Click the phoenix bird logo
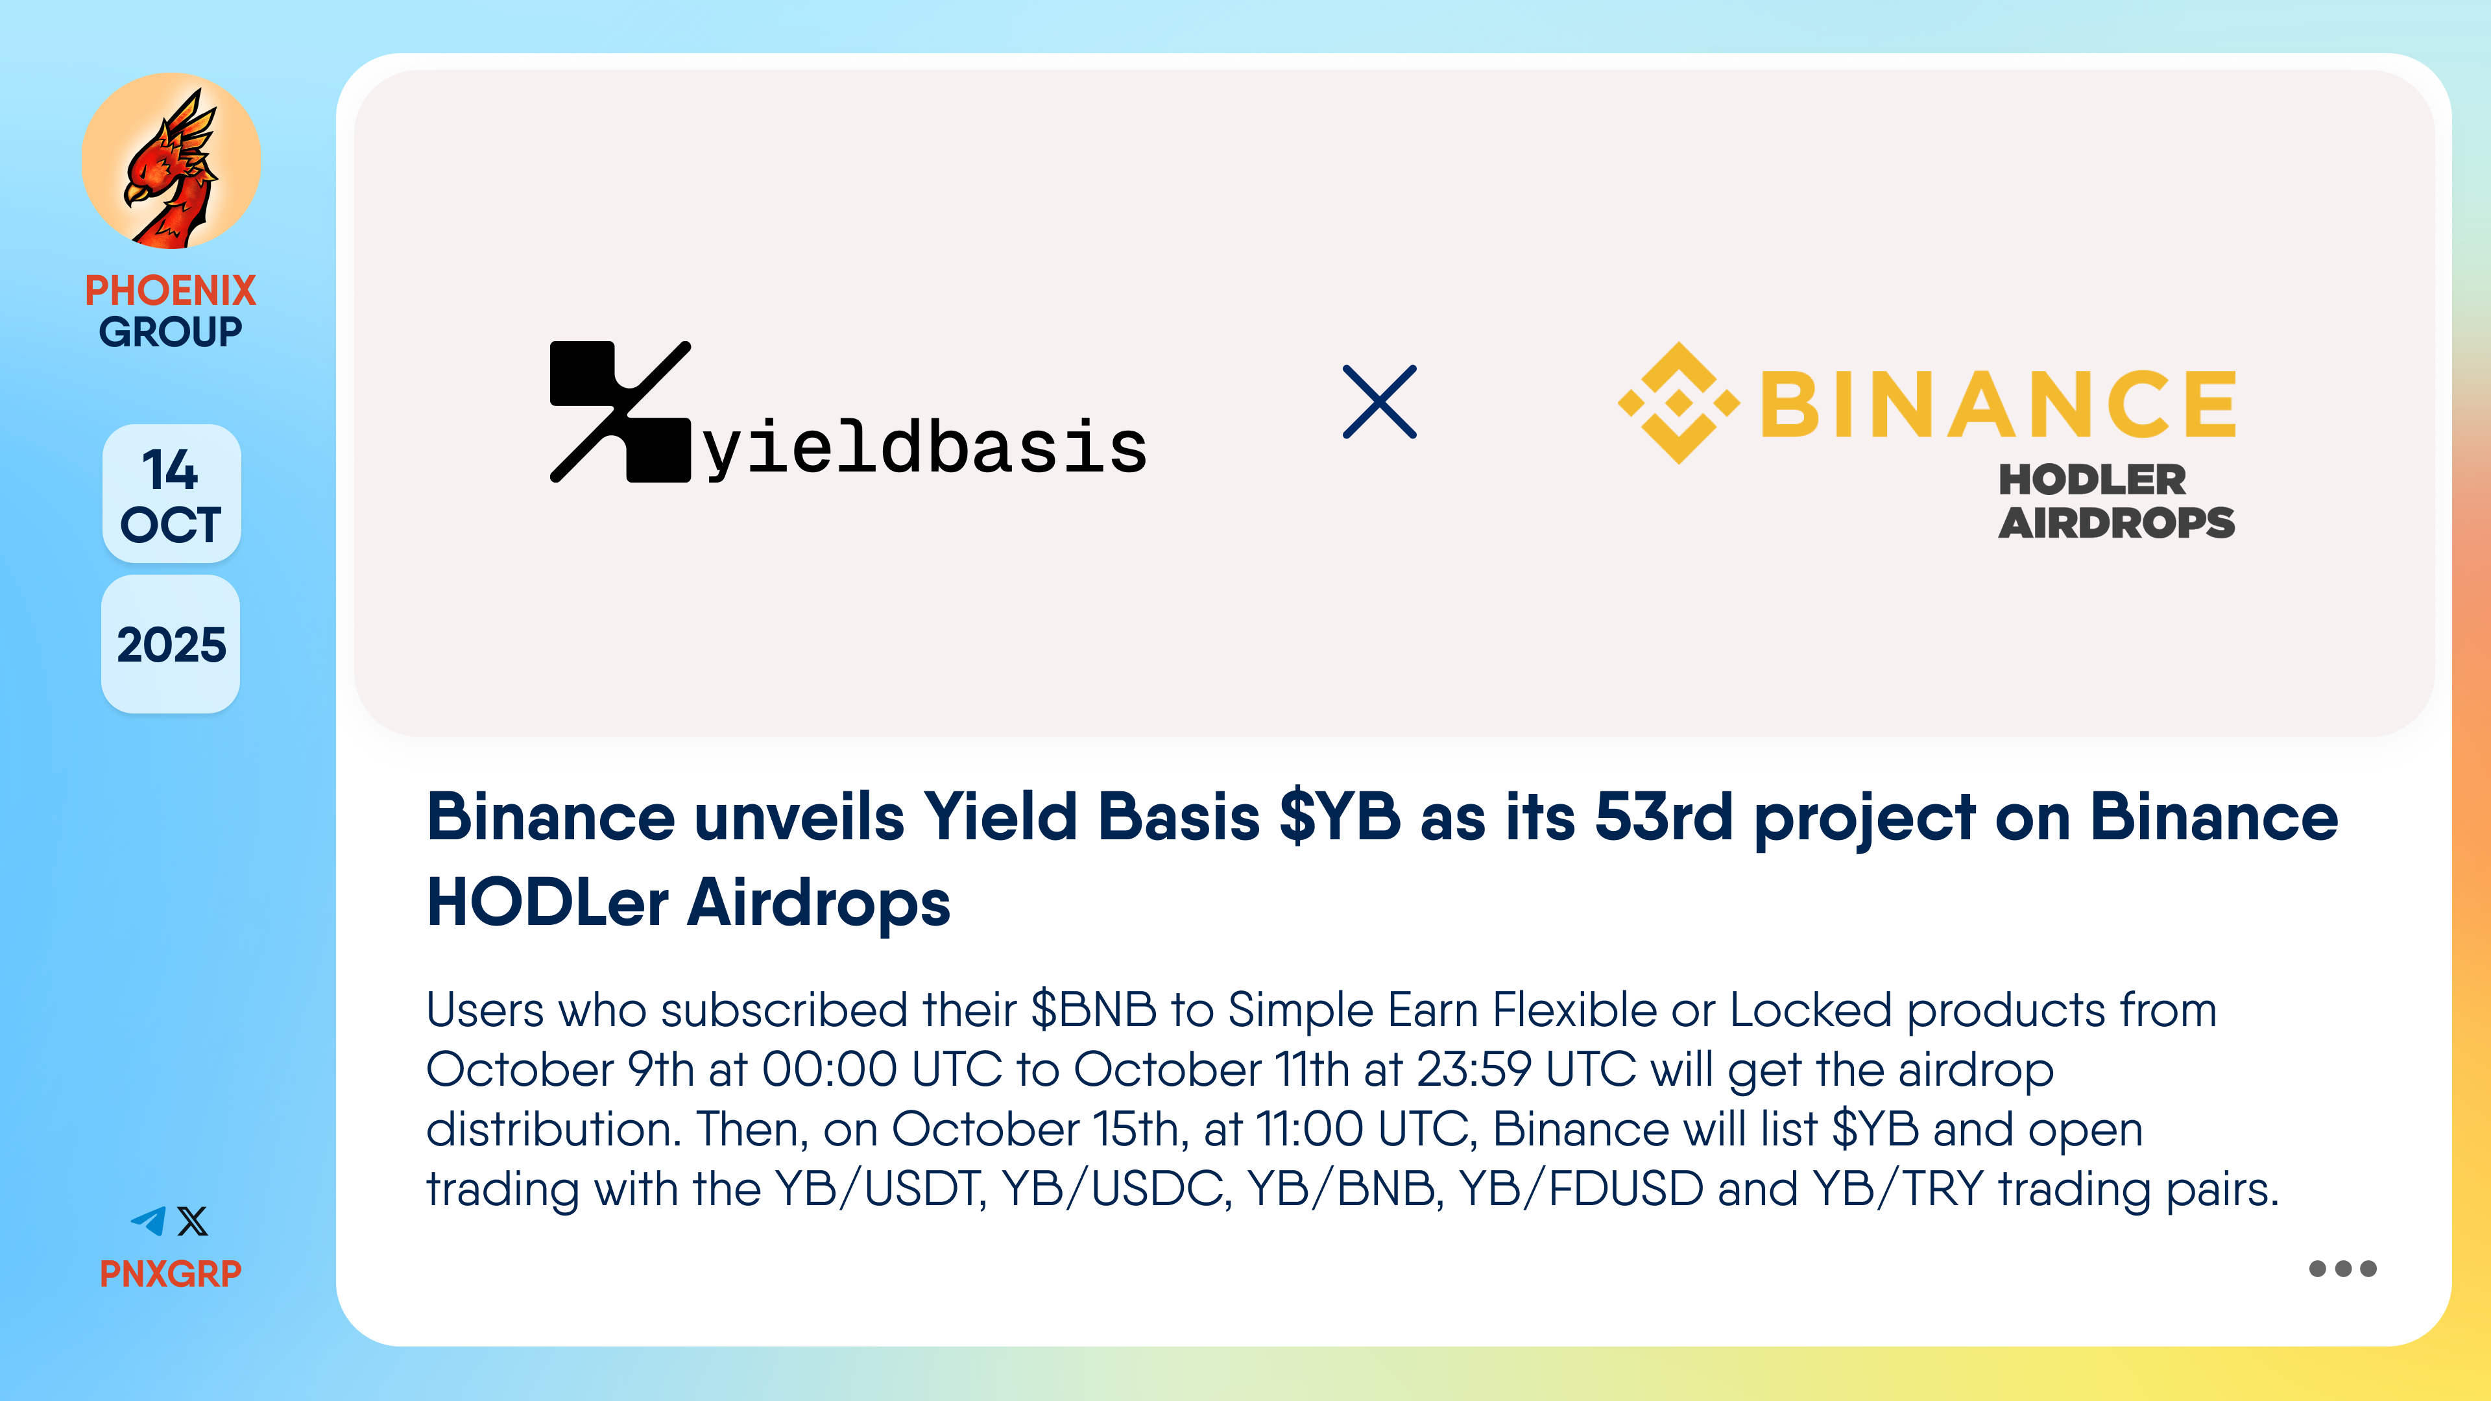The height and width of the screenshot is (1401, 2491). [171, 162]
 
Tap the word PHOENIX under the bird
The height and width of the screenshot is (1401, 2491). [170, 290]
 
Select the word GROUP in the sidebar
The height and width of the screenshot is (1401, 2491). [170, 331]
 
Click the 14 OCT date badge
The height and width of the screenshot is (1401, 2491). [171, 494]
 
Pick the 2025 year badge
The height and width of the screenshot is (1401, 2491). [171, 645]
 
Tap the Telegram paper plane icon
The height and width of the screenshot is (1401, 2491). [149, 1221]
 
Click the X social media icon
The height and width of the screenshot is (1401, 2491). [193, 1221]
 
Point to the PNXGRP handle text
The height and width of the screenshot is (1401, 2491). [170, 1273]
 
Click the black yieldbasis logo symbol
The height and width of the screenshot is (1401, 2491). [620, 411]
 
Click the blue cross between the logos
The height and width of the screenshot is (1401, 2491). [1380, 401]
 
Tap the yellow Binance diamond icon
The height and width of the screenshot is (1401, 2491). [1679, 402]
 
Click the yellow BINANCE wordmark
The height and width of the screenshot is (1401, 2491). [1998, 403]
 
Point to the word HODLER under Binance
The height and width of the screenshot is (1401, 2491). [2091, 479]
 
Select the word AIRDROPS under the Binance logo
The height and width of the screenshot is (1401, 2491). [2117, 523]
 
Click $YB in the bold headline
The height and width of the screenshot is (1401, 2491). [1340, 817]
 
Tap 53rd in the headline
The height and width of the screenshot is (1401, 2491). [1663, 817]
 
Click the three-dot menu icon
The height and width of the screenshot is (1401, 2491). [2342, 1269]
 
